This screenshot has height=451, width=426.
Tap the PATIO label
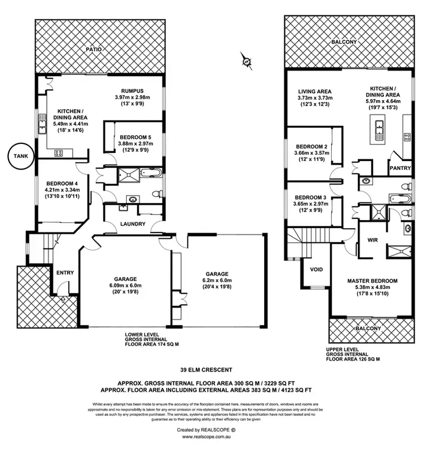[x=94, y=49]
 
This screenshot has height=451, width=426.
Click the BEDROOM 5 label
[x=135, y=137]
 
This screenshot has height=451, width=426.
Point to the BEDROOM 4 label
[x=62, y=183]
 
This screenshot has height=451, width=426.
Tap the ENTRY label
[x=65, y=272]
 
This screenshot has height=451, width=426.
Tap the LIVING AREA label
[x=315, y=91]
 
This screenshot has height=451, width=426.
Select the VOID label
[x=316, y=269]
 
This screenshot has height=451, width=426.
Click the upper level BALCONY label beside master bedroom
[x=369, y=329]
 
